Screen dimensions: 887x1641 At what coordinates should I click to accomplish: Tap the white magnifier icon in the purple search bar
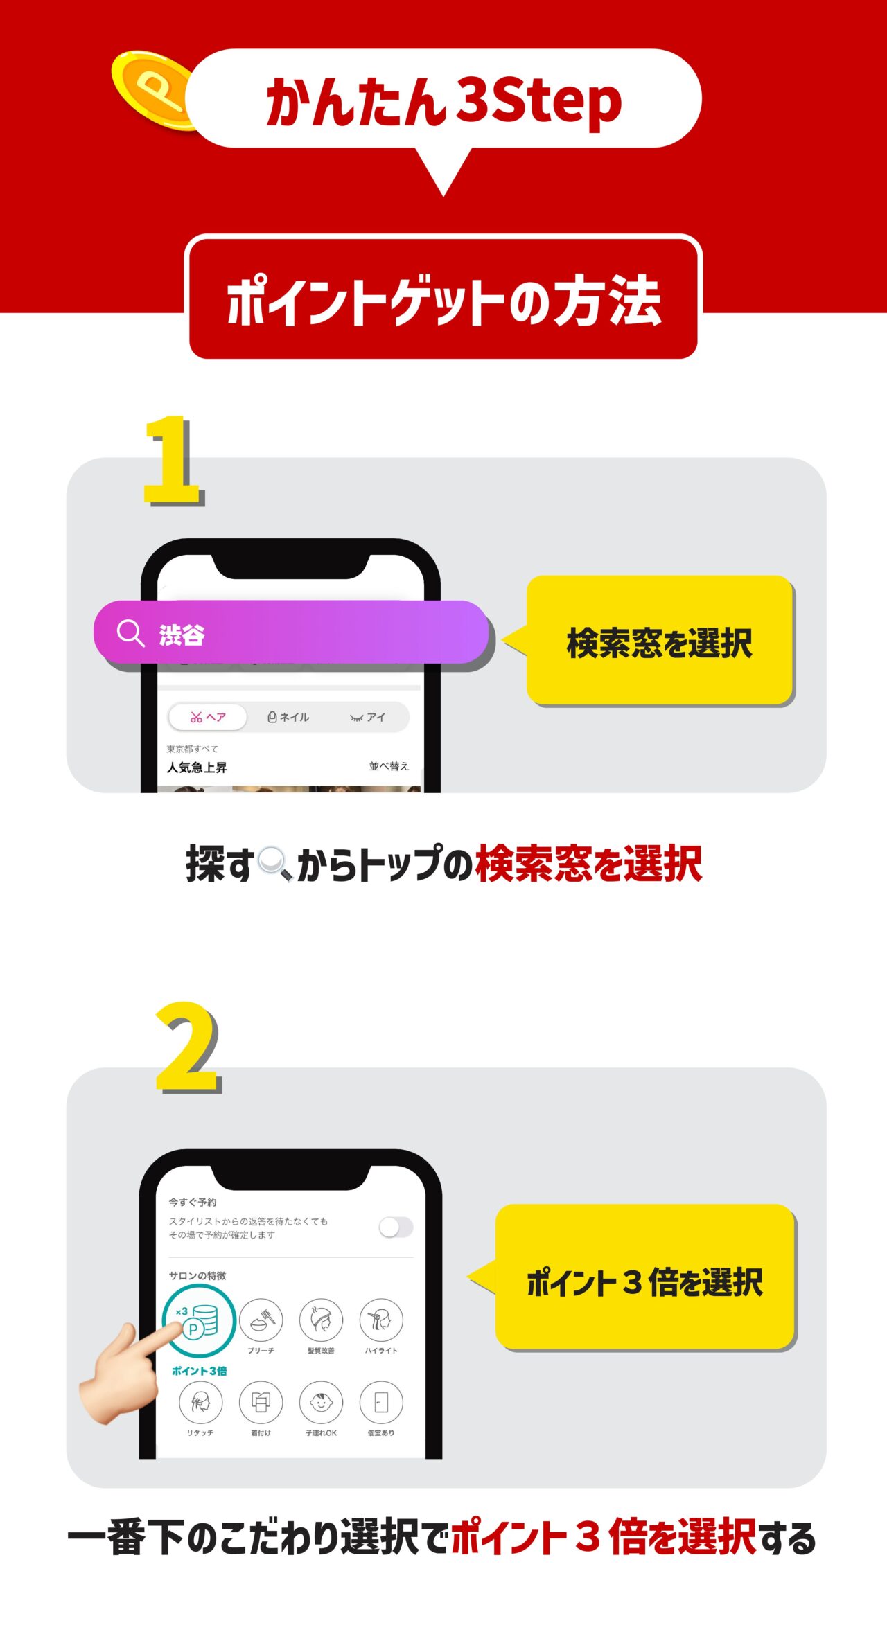(130, 633)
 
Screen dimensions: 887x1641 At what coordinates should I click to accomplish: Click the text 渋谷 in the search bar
(182, 635)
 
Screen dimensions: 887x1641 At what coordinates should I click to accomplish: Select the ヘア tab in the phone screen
(208, 717)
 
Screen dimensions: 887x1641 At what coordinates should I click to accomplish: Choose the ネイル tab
(288, 717)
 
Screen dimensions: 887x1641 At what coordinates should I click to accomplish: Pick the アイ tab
(367, 717)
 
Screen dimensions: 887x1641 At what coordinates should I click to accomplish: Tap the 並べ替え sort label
(389, 766)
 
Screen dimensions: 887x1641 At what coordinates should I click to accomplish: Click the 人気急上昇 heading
(197, 768)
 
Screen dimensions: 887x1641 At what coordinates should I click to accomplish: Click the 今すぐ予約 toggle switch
(396, 1227)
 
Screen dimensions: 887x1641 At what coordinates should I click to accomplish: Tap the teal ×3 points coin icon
(199, 1320)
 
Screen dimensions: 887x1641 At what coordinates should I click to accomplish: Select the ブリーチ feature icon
(261, 1320)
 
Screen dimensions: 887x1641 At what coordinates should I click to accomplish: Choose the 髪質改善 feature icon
(321, 1320)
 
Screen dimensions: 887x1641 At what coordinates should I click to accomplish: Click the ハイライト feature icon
(381, 1320)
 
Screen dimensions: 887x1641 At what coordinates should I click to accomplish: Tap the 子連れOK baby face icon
(321, 1403)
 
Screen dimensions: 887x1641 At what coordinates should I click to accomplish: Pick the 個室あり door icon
(381, 1403)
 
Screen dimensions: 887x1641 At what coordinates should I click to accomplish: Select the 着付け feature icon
(261, 1403)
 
